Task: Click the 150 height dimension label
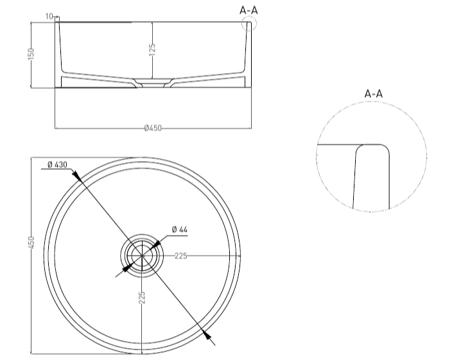coord(31,54)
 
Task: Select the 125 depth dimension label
coord(152,49)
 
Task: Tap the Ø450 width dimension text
coord(153,128)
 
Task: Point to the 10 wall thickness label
coord(49,16)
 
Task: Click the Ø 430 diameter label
coord(57,165)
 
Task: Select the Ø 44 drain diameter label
coord(180,230)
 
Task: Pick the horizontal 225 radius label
coord(180,256)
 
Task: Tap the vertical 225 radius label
coord(142,298)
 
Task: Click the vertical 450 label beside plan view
coord(31,243)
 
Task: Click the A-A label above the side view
coord(249,10)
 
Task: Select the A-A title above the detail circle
coord(374,94)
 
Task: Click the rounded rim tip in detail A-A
coord(372,144)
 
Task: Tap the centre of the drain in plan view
coord(142,256)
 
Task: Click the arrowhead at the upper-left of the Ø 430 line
coord(76,175)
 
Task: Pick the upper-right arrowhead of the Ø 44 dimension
coord(156,244)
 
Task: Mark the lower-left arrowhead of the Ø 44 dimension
coord(127,268)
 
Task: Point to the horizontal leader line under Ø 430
coord(57,169)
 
